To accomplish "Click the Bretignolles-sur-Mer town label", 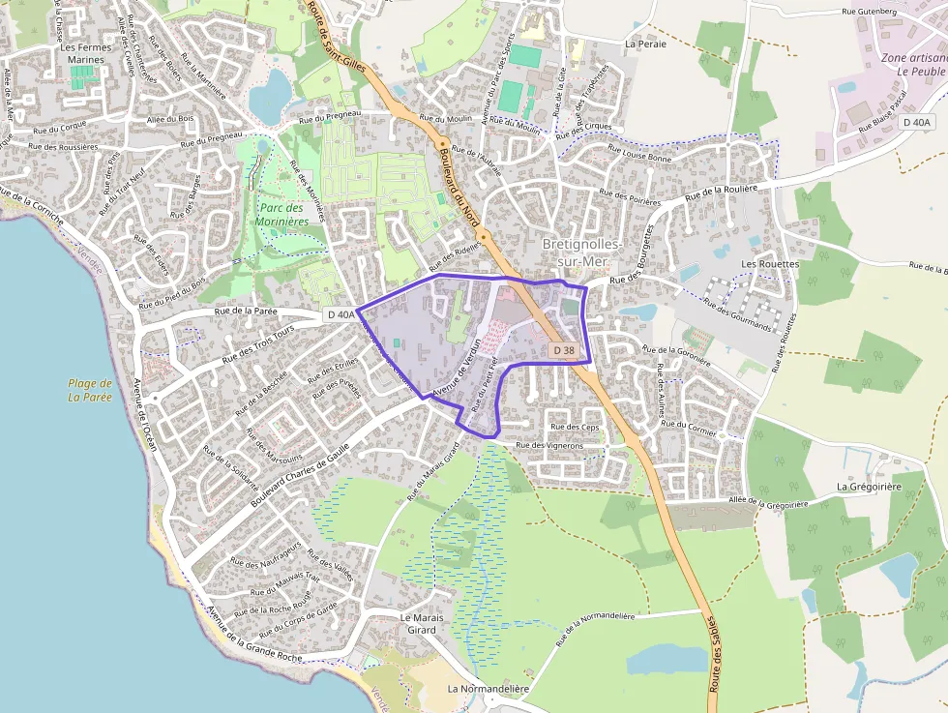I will [x=583, y=252].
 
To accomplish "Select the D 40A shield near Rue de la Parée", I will [x=340, y=314].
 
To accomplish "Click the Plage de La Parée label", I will [x=90, y=390].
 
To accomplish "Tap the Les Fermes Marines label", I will [x=86, y=53].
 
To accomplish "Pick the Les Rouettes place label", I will [x=770, y=263].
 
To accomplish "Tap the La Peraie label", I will [x=646, y=44].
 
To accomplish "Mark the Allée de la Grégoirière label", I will [x=768, y=502].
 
